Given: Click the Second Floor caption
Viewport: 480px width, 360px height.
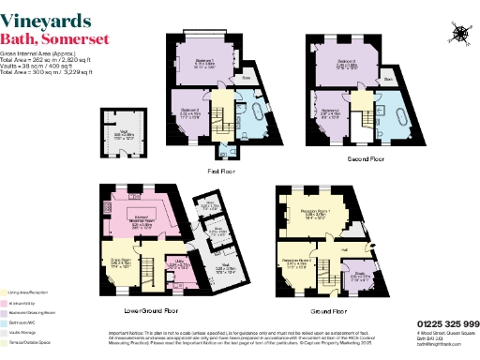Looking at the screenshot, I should click(x=365, y=159).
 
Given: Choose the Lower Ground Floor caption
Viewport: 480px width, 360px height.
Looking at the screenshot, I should click(x=150, y=308).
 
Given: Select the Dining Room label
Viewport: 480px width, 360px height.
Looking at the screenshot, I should click(x=120, y=261).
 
